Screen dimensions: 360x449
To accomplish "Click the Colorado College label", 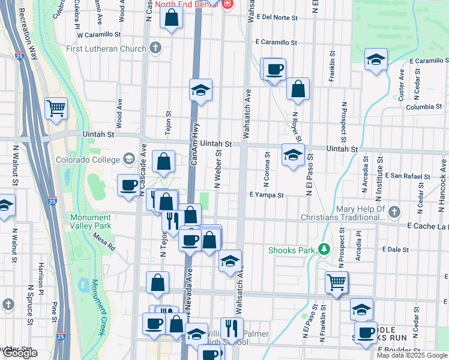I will [x=88, y=160].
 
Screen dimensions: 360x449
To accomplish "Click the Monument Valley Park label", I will [x=90, y=221].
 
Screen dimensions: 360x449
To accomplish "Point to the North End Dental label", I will [x=187, y=4].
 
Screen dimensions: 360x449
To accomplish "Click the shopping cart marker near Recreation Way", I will [x=56, y=109].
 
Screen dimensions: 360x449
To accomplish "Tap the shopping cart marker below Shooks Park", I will [x=336, y=281].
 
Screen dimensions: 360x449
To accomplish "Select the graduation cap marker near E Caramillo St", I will [x=376, y=59].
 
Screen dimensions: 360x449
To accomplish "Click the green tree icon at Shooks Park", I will [x=325, y=248].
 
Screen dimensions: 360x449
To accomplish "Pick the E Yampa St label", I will [x=266, y=195].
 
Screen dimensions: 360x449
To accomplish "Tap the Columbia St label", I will [x=423, y=107].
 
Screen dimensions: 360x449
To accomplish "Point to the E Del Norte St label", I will [x=276, y=17].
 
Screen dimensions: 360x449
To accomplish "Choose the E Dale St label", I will [x=394, y=249].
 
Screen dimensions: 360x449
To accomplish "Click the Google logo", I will [x=20, y=353].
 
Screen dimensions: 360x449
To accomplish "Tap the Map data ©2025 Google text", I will [x=411, y=355].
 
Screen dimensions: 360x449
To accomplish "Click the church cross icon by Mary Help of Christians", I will [x=394, y=212].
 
